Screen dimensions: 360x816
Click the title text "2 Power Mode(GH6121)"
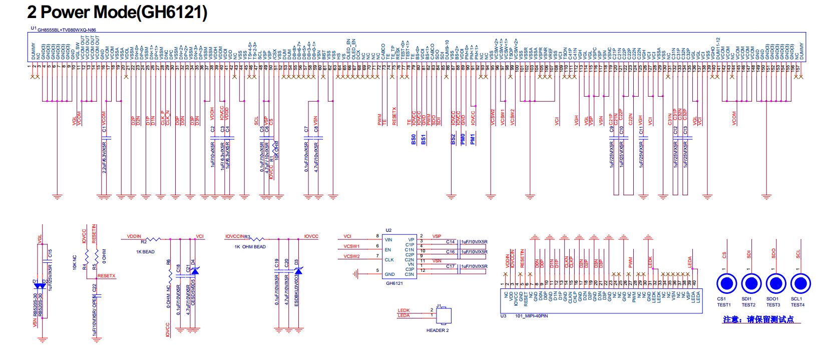point(117,12)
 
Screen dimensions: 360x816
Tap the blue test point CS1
point(726,284)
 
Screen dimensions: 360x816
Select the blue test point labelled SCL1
point(800,284)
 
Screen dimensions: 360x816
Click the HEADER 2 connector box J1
point(444,316)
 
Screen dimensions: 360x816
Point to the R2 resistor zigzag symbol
point(153,239)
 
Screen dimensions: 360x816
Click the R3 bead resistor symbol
point(257,239)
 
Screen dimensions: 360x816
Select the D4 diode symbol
point(194,270)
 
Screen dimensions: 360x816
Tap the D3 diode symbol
point(298,271)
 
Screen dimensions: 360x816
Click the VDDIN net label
point(134,236)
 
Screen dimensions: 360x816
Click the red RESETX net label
point(106,276)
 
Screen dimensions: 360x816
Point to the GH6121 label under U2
point(394,283)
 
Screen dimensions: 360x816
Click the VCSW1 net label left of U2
point(351,246)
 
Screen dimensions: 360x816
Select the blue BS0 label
point(414,139)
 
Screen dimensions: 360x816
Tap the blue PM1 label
point(473,139)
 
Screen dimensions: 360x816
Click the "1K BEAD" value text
point(145,252)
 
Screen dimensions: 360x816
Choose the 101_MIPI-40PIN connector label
point(531,316)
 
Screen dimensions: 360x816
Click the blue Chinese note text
point(758,319)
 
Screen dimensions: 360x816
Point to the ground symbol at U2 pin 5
point(355,273)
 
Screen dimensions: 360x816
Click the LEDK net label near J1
point(403,310)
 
